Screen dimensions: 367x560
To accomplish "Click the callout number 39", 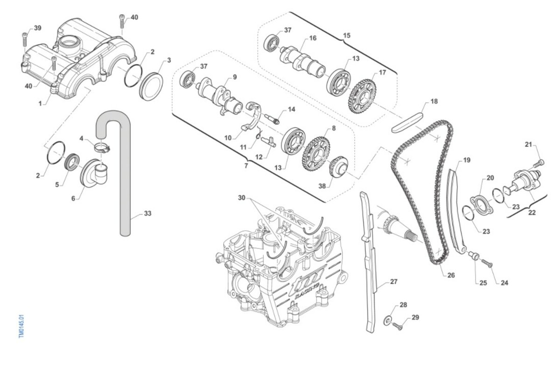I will coord(37,28).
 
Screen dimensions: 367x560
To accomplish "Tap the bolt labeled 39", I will coord(25,41).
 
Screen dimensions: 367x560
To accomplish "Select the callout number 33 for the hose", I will coord(147,214).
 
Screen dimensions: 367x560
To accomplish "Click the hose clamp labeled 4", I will coord(101,149).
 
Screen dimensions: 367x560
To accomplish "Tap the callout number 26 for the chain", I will coord(450,275).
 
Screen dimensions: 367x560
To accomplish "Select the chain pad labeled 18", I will coord(408,120).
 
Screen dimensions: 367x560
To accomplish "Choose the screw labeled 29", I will coord(397,326).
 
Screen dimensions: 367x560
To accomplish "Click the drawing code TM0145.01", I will coord(21,326).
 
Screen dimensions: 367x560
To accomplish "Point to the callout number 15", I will coord(346,35).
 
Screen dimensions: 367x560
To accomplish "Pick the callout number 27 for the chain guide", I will coord(394,282).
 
